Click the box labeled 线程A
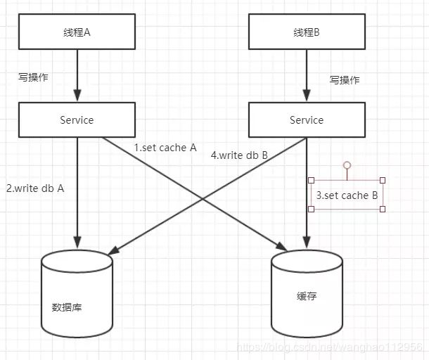pyautogui.click(x=77, y=32)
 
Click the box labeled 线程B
pyautogui.click(x=307, y=32)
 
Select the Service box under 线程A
pyautogui.click(x=77, y=120)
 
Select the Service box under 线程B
pyautogui.click(x=307, y=120)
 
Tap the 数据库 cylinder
pyautogui.click(x=77, y=293)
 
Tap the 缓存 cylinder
pyautogui.click(x=307, y=293)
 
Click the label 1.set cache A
pyautogui.click(x=165, y=148)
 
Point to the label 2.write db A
pyautogui.click(x=35, y=188)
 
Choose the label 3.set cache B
pyautogui.click(x=347, y=195)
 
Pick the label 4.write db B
pyautogui.click(x=239, y=155)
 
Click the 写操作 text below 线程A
pyautogui.click(x=33, y=77)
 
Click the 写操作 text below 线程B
pyautogui.click(x=345, y=80)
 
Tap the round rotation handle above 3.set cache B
pyautogui.click(x=347, y=165)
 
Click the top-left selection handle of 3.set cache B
pyautogui.click(x=311, y=180)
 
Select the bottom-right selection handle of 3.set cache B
pyautogui.click(x=383, y=210)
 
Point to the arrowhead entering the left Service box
pyautogui.click(x=77, y=95)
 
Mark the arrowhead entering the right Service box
pyautogui.click(x=307, y=95)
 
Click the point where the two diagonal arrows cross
pyautogui.click(x=203, y=200)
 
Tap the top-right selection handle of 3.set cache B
pyautogui.click(x=383, y=180)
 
